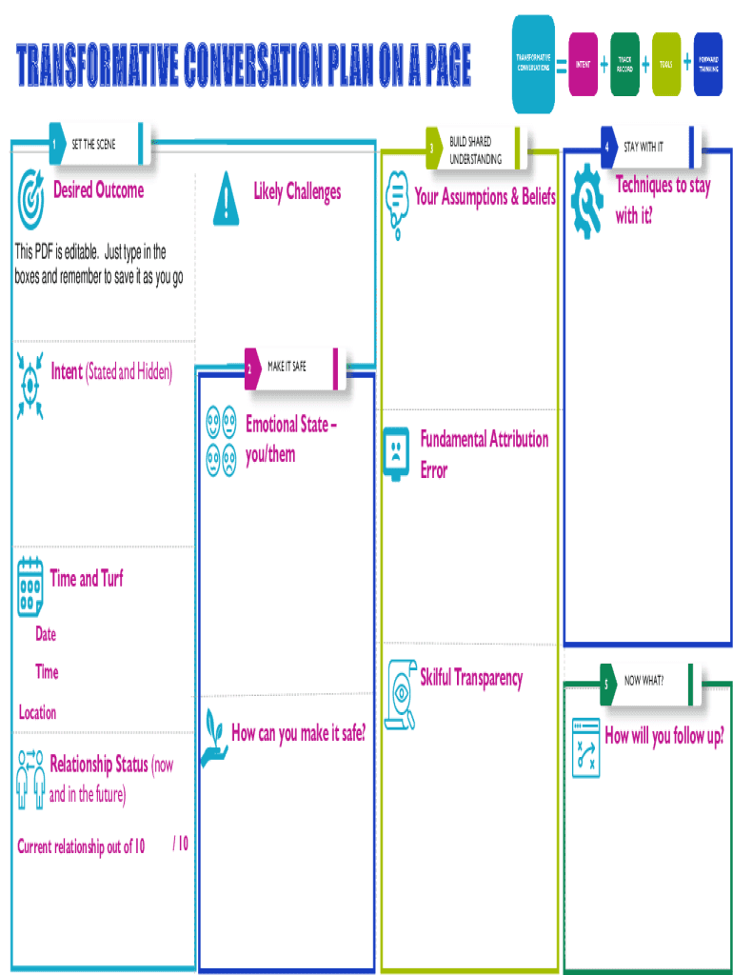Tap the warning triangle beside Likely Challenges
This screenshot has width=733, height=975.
coord(226,196)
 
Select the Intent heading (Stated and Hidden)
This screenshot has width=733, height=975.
coord(111,372)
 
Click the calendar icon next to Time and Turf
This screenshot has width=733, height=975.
coord(30,585)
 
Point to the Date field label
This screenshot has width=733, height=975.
coord(46,634)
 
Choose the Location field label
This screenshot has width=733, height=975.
coord(37,712)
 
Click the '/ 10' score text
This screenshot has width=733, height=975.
coord(180,844)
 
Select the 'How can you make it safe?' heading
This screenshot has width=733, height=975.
coord(298,733)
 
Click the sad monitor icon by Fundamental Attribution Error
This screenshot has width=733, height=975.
coord(395,455)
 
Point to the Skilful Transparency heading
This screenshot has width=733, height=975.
coord(471,678)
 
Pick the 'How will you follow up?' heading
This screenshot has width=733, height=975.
coord(664,736)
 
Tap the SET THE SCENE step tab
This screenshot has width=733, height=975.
coord(95,145)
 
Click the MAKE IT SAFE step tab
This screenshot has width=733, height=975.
coord(291,368)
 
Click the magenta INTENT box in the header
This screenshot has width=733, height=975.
coord(583,65)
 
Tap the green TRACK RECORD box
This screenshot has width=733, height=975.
coord(624,65)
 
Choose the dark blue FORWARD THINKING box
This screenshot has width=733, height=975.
coord(707,65)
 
